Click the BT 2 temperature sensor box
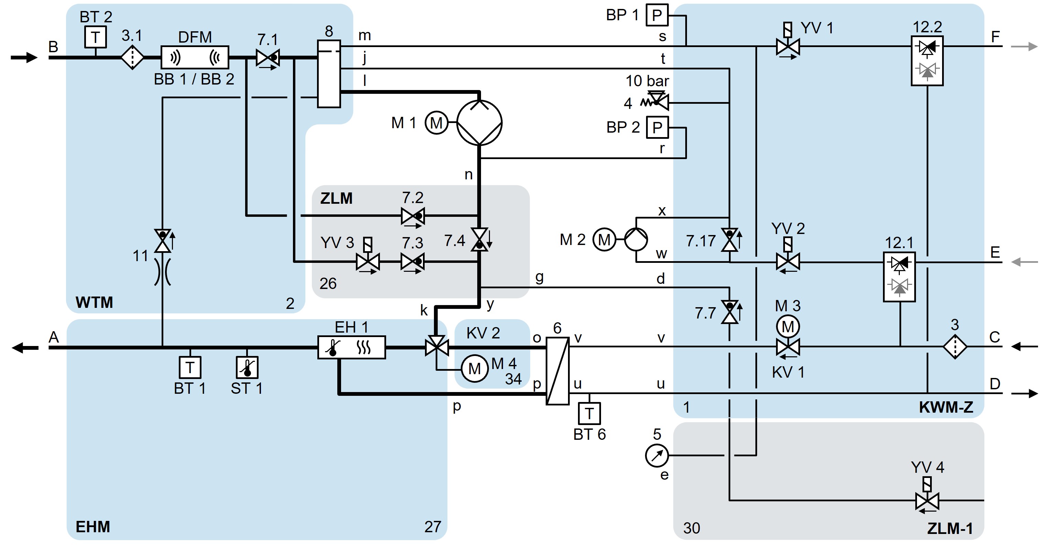coord(95,37)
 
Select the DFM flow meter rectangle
coord(195,57)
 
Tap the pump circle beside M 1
coord(479,122)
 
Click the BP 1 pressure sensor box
coord(657,15)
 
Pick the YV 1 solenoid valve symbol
coord(788,46)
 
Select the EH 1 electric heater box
coord(351,347)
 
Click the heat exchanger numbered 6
coord(557,370)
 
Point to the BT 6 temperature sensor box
coord(589,414)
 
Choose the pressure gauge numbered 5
coord(657,456)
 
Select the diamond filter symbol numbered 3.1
coord(132,57)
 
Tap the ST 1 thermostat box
coord(247,368)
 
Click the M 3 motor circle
coord(788,326)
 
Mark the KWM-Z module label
coord(946,407)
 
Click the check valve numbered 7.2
coord(413,215)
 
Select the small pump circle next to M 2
coord(636,239)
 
